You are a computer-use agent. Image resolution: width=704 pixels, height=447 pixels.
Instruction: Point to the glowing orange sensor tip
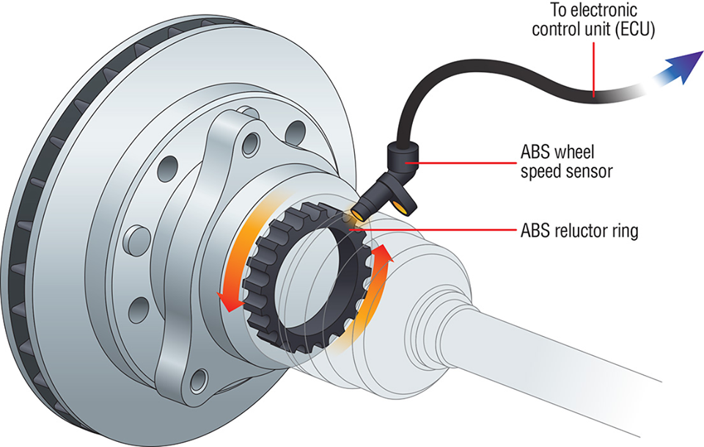tap(357, 214)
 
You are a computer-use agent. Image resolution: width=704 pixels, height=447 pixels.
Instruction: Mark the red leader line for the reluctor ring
tap(433, 230)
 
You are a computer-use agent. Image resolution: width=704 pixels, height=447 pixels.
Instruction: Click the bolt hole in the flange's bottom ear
tap(196, 379)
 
